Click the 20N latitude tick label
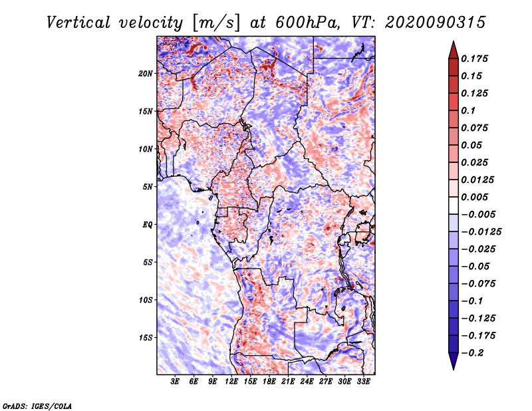tap(146, 73)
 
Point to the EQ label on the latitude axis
tap(148, 224)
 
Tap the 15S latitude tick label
tap(146, 337)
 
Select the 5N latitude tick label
tap(148, 186)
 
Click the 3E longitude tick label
tap(175, 382)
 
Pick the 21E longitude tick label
tap(288, 382)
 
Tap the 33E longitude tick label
tap(363, 382)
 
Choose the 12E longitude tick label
tap(231, 382)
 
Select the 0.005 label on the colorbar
tap(476, 197)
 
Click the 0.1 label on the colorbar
tap(469, 110)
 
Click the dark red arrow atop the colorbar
tap(452, 49)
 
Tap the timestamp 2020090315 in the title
tap(426, 22)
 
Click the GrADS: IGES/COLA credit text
tap(37, 405)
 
